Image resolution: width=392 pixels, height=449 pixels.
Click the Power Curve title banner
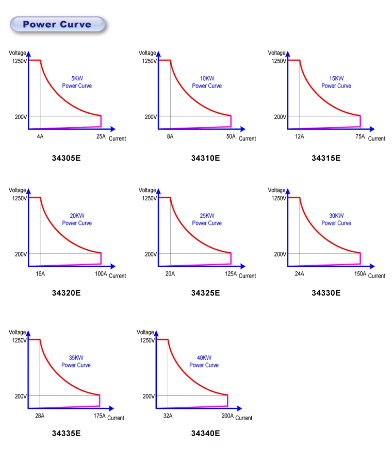pyautogui.click(x=57, y=24)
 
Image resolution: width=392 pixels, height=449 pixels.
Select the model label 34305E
pyautogui.click(x=66, y=158)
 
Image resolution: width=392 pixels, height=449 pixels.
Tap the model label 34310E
pyautogui.click(x=205, y=158)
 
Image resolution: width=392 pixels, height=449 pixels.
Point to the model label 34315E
pyautogui.click(x=326, y=158)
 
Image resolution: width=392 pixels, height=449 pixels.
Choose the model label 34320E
pyautogui.click(x=66, y=293)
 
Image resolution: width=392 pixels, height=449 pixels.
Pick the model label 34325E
pyautogui.click(x=205, y=293)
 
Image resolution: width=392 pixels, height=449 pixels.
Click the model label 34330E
pyautogui.click(x=326, y=293)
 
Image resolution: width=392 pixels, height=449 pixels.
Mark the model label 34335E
pyautogui.click(x=66, y=433)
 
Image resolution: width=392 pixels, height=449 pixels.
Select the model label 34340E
pyautogui.click(x=205, y=433)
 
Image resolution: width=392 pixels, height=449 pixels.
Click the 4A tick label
pyautogui.click(x=40, y=137)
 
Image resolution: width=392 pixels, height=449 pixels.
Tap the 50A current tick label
pyautogui.click(x=231, y=137)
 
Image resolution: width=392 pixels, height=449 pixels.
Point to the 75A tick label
pyautogui.click(x=360, y=137)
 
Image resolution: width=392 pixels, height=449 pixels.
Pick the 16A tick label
pyautogui.click(x=40, y=274)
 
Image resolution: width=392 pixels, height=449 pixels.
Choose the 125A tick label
pyautogui.click(x=231, y=274)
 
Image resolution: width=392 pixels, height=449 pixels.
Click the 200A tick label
pyautogui.click(x=227, y=416)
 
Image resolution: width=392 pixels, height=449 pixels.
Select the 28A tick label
pyautogui.click(x=40, y=416)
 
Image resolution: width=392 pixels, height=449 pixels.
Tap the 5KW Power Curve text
pyautogui.click(x=77, y=82)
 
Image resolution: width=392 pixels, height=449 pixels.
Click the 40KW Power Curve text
pyautogui.click(x=204, y=361)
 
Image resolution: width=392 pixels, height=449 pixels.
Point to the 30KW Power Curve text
pyautogui.click(x=336, y=219)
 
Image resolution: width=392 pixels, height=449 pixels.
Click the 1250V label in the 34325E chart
pyautogui.click(x=150, y=198)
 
